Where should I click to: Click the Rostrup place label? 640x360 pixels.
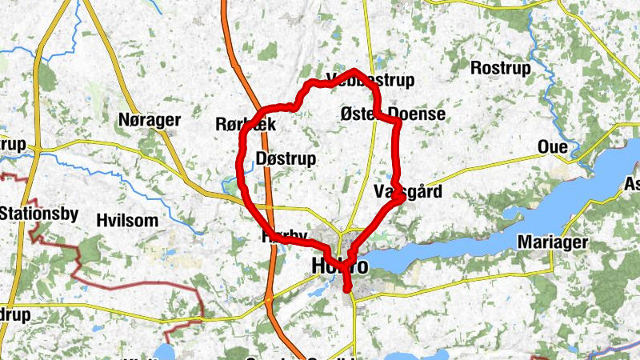click(x=501, y=69)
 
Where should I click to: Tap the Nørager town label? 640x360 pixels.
click(x=149, y=121)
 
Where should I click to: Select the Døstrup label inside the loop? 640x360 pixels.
click(x=286, y=158)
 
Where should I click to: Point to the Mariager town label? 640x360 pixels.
click(x=553, y=242)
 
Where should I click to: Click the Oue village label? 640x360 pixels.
click(x=553, y=148)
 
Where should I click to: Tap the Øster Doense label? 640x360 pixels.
click(x=392, y=114)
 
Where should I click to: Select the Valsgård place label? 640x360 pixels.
click(x=407, y=192)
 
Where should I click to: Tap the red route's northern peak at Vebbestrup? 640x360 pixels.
click(x=355, y=73)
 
